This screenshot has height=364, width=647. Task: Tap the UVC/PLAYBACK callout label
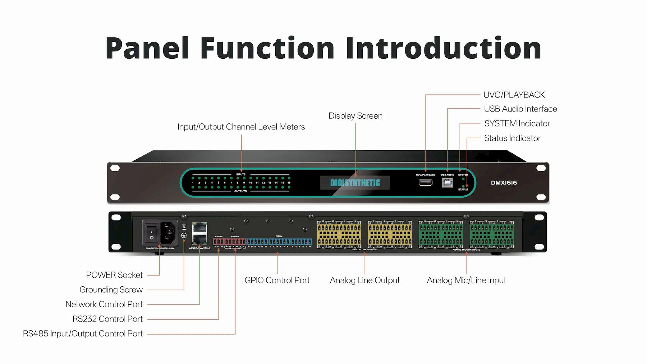click(514, 95)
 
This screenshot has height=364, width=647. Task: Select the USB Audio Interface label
click(520, 109)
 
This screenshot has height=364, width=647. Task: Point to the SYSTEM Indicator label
click(517, 124)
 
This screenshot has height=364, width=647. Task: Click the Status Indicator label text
click(512, 138)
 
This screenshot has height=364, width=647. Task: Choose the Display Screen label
click(355, 116)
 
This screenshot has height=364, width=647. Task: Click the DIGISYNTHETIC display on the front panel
click(355, 183)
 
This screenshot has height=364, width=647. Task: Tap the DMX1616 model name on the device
click(504, 183)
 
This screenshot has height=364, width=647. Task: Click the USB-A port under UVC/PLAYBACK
click(426, 182)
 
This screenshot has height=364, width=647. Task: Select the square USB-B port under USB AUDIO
click(448, 182)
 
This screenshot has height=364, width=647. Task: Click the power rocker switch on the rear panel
click(152, 232)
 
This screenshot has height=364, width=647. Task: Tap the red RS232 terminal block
click(218, 242)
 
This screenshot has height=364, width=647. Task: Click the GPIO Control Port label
click(277, 281)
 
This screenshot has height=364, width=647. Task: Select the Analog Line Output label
click(364, 281)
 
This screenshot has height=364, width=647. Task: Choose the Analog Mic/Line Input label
click(466, 281)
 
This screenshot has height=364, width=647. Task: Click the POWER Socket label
click(114, 275)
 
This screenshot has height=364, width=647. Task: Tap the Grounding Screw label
click(111, 290)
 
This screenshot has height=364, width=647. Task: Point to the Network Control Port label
click(104, 305)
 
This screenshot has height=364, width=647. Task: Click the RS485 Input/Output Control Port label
click(83, 334)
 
